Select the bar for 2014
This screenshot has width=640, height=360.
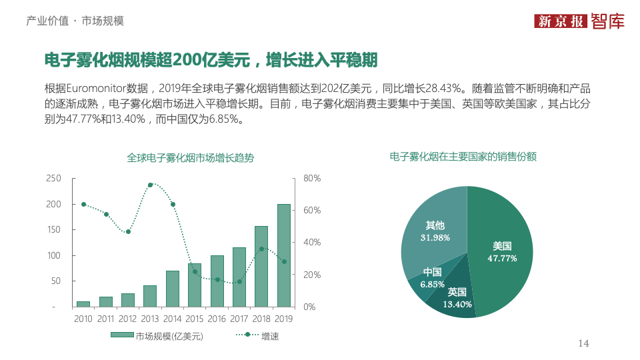172,289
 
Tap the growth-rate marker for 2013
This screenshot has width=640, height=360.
150,185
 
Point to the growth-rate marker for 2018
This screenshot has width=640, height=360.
261,249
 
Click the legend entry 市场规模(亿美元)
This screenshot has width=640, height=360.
156,336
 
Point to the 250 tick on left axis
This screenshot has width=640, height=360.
53,178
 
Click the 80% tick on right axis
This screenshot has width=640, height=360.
312,178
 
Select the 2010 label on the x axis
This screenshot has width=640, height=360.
83,319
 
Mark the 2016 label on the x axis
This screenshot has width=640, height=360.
217,319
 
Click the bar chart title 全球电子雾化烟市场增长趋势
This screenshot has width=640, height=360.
190,158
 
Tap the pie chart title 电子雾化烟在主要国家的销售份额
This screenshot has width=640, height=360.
463,157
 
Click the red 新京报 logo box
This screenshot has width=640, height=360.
561,21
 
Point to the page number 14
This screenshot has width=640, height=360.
583,343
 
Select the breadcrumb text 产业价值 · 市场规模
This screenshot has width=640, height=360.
75,21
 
